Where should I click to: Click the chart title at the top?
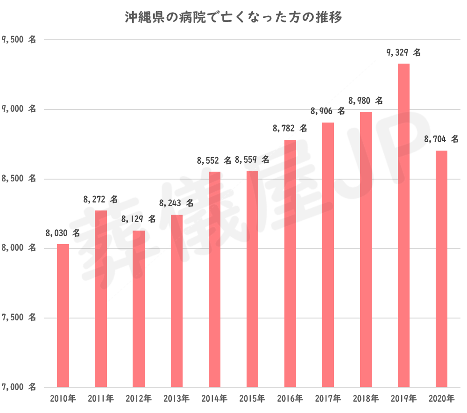click(233, 18)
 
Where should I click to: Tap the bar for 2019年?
click(403, 225)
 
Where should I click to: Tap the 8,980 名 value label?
click(366, 101)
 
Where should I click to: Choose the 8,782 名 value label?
click(290, 128)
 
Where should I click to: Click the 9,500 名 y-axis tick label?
click(19, 40)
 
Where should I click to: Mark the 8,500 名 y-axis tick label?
click(19, 179)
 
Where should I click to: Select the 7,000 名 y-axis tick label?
click(19, 387)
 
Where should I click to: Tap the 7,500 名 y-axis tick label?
click(19, 318)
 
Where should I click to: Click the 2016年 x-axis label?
click(290, 399)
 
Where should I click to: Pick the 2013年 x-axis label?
click(177, 399)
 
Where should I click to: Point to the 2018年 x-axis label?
click(366, 399)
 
